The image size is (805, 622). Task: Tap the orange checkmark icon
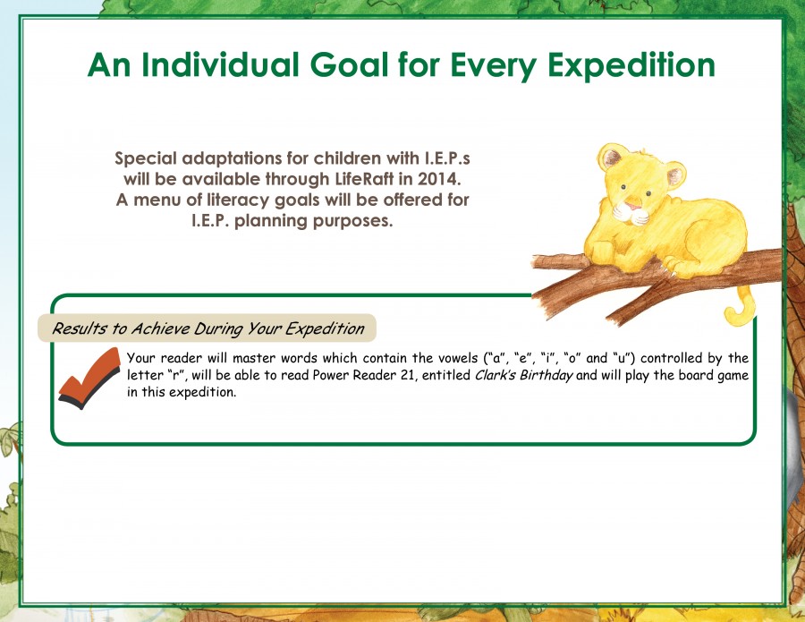pos(89,378)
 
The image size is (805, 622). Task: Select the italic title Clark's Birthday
pos(523,375)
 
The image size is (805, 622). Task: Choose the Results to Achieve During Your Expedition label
pos(208,328)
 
